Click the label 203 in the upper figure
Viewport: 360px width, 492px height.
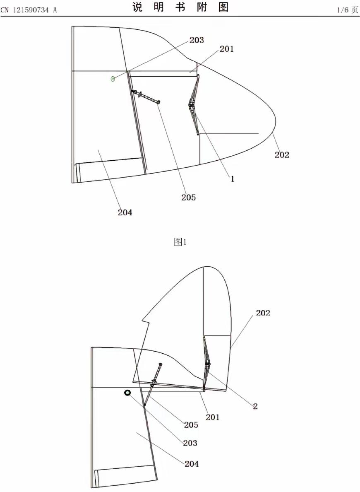tap(197, 40)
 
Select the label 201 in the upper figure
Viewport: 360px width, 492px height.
tap(226, 49)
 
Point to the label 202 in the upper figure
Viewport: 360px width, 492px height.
tap(282, 155)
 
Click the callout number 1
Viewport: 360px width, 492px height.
tap(233, 179)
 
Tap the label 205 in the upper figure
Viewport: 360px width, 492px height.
tap(188, 197)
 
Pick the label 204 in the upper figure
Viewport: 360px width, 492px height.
tap(125, 212)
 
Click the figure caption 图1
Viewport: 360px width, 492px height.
tap(180, 242)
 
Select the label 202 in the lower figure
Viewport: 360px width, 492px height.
tap(263, 313)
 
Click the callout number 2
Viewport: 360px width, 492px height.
tap(255, 406)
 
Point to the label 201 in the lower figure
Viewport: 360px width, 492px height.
tap(212, 417)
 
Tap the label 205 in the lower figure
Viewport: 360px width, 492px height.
tap(191, 425)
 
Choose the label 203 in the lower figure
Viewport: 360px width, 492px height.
tap(190, 443)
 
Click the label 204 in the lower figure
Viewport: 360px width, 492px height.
tap(192, 464)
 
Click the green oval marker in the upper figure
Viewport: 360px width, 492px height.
tap(113, 78)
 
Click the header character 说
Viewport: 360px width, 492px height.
tap(138, 7)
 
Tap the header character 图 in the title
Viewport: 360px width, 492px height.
tap(223, 7)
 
